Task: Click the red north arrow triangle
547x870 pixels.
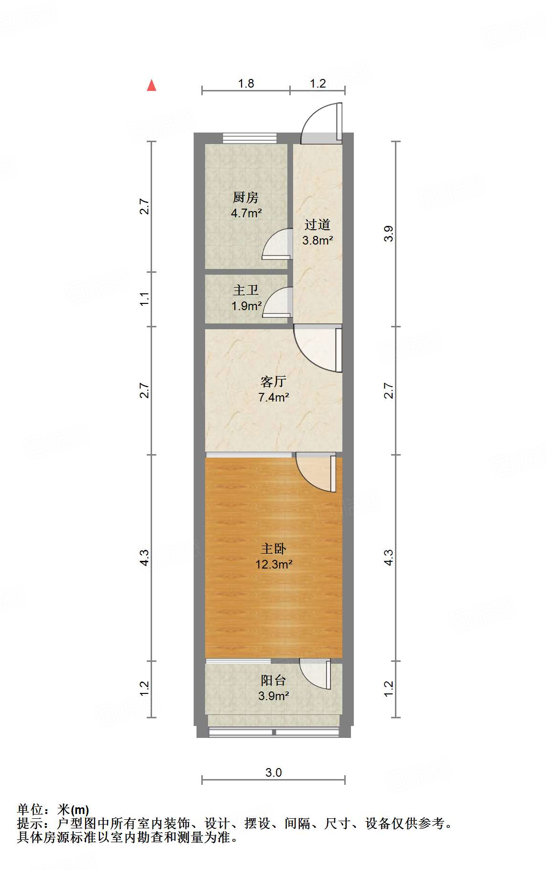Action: tap(152, 86)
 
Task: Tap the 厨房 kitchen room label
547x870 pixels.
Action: tap(246, 197)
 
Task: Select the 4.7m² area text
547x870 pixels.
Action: tap(246, 213)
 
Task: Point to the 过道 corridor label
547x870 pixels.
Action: tap(317, 224)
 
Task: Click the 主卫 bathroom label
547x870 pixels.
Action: tap(246, 290)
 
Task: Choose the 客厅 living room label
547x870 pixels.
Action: tap(273, 381)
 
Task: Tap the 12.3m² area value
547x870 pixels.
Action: tap(273, 564)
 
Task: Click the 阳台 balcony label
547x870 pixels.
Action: tap(273, 680)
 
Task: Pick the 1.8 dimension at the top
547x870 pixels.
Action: tap(246, 84)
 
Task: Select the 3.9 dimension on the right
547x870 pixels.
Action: tap(389, 234)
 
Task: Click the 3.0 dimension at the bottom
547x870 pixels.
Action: tap(273, 772)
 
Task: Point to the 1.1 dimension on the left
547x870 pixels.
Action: tap(145, 299)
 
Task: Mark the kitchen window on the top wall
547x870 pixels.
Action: tap(250, 138)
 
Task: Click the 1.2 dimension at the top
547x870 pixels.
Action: tap(317, 84)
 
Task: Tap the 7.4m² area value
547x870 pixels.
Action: tap(273, 397)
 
